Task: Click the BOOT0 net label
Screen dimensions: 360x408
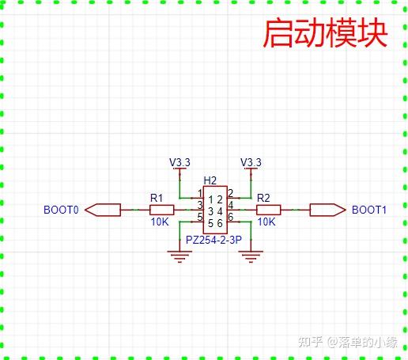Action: point(61,210)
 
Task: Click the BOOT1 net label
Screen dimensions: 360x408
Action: point(368,210)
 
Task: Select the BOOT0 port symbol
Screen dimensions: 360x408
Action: point(103,210)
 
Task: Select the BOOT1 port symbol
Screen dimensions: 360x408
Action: point(326,210)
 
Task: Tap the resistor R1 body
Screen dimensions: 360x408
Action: point(161,210)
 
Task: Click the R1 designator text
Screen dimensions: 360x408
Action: point(157,198)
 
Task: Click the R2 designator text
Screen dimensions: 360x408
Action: point(264,198)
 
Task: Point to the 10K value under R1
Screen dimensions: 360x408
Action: point(160,222)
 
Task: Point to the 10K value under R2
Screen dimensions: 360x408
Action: point(266,222)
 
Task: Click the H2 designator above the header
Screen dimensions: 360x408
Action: point(210,181)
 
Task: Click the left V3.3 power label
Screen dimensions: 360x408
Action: point(180,162)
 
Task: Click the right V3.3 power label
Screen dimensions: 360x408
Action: point(251,162)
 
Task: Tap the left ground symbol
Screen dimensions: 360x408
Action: point(181,256)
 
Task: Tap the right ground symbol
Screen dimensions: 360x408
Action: point(251,256)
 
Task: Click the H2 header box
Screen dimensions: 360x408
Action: point(214,210)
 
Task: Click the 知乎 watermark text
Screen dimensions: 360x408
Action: point(309,343)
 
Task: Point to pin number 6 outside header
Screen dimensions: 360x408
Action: point(231,217)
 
